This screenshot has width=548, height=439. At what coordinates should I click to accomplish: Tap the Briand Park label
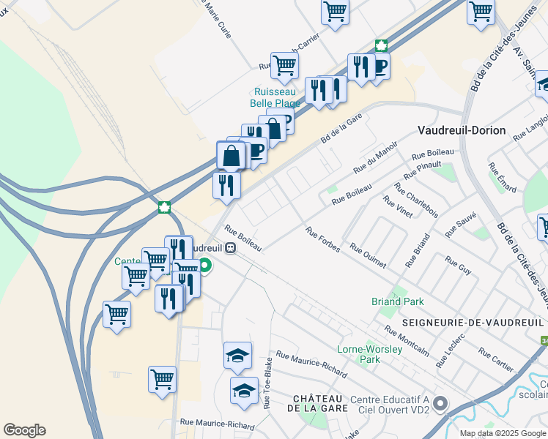[397, 301]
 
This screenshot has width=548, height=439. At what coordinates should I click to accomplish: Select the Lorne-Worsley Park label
[369, 354]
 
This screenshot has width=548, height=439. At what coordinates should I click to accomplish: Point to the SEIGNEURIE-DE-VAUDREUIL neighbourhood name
[473, 323]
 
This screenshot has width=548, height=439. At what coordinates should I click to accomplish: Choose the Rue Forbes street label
[323, 241]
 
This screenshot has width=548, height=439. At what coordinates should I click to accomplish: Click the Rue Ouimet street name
[367, 258]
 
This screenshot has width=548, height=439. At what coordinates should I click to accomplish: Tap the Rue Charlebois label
[415, 200]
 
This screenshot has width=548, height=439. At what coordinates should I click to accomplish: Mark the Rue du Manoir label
[375, 157]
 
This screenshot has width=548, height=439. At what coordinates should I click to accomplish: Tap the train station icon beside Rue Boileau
[231, 247]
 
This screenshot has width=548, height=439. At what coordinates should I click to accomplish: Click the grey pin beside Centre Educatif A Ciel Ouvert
[440, 403]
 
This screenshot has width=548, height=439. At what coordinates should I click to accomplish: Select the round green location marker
[205, 266]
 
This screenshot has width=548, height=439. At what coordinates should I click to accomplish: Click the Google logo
[24, 430]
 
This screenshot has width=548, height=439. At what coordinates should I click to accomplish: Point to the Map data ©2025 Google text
[503, 433]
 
